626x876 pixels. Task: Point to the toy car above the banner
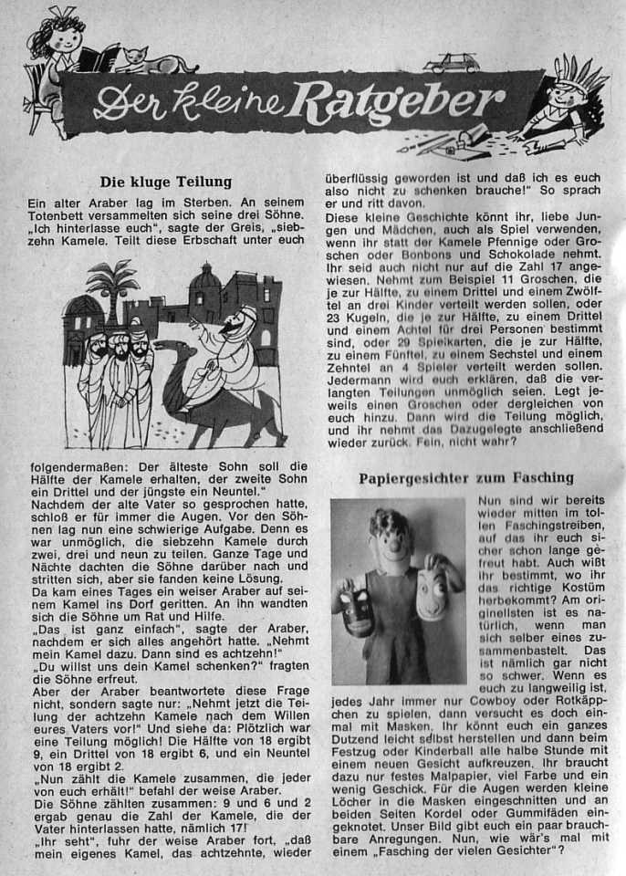pyautogui.click(x=452, y=63)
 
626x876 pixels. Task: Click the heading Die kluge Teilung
pyautogui.click(x=165, y=182)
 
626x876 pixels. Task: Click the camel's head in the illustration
pyautogui.click(x=167, y=349)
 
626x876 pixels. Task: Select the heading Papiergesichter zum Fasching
pyautogui.click(x=465, y=477)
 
